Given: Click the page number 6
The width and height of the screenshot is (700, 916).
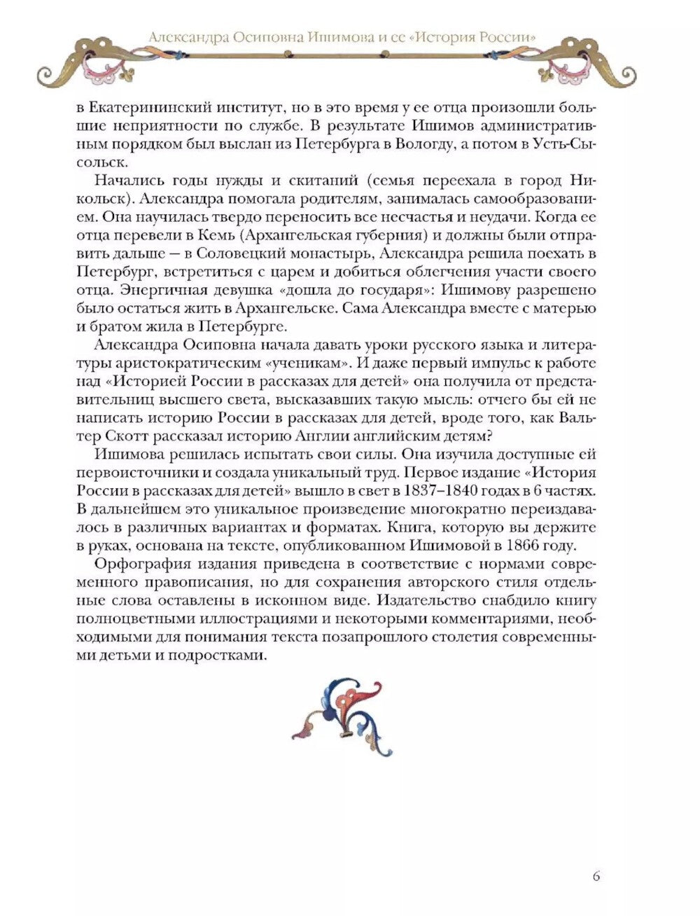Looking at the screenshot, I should (596, 875).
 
